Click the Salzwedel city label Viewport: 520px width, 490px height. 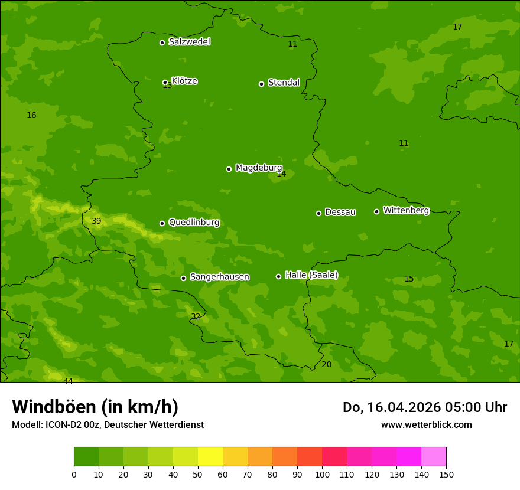tap(189, 42)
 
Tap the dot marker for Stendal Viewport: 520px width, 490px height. tap(261, 84)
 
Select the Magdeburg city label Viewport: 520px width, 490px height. tap(259, 168)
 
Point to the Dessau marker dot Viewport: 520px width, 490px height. tap(318, 213)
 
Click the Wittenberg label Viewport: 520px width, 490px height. tap(406, 211)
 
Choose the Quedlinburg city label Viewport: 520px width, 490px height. tap(194, 223)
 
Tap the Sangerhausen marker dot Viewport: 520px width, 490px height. tap(183, 278)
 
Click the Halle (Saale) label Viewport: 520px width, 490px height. tap(311, 275)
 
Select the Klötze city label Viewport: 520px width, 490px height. tap(184, 81)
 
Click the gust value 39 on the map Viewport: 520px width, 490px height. tap(96, 221)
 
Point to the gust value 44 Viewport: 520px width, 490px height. tap(68, 382)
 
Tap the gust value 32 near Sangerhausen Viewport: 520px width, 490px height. tap(196, 316)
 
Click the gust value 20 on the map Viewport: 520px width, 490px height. tap(326, 365)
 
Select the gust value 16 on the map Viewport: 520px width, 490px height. tap(31, 116)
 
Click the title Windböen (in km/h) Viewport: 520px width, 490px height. tap(95, 407)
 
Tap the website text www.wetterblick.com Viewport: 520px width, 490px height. tap(426, 425)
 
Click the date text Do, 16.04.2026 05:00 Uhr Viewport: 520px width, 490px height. tap(424, 407)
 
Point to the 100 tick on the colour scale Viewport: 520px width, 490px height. tap(322, 475)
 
